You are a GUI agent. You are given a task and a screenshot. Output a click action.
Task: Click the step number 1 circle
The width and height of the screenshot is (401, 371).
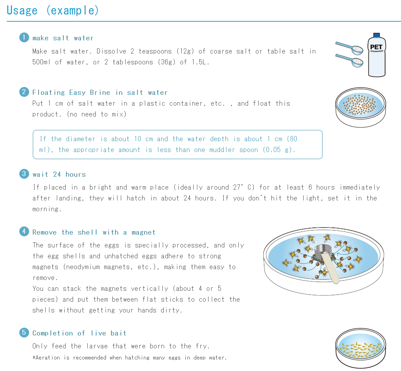click(x=24, y=37)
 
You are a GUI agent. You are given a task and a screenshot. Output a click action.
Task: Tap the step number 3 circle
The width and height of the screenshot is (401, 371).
click(x=24, y=174)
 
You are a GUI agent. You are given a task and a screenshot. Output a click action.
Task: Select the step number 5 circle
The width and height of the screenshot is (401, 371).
click(x=24, y=332)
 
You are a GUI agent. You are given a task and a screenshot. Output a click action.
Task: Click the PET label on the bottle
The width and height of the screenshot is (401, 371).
click(x=376, y=47)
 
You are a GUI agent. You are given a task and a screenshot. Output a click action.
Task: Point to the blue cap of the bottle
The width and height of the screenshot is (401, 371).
click(x=376, y=35)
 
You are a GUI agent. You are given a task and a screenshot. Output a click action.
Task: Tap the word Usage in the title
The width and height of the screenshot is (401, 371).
click(x=22, y=10)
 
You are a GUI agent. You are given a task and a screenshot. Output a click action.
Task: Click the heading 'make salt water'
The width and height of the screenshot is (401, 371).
click(x=63, y=38)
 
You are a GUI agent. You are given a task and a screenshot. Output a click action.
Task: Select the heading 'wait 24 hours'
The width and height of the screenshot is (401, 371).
click(x=59, y=174)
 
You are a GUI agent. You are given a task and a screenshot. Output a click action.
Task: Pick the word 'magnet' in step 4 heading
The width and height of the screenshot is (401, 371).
click(x=143, y=232)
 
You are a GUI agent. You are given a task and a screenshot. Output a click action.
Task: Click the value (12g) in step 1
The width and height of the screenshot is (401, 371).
click(x=185, y=51)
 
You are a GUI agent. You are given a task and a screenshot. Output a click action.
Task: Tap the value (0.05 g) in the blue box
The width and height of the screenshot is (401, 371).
click(x=279, y=150)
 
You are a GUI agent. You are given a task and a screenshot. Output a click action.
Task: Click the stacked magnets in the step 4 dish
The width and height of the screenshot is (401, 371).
click(x=323, y=252)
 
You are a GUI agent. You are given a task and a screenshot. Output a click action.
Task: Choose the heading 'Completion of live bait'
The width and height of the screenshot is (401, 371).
click(x=80, y=333)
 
